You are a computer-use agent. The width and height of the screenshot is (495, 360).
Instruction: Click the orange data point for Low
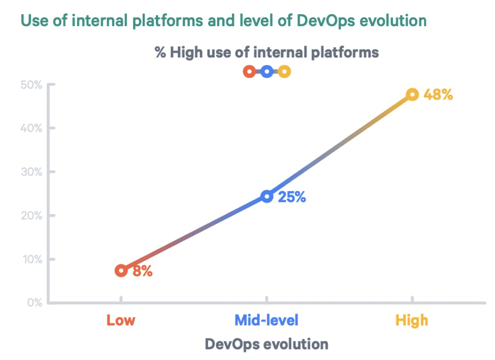(121, 271)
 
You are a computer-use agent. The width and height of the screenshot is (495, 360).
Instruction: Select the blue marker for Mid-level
(267, 197)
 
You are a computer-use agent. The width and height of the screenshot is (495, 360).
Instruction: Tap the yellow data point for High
(412, 95)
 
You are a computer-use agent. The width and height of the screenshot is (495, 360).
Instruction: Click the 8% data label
(143, 271)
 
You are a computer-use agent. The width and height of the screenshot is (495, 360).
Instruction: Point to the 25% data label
(292, 197)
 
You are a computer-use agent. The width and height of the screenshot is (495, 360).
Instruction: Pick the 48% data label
(438, 95)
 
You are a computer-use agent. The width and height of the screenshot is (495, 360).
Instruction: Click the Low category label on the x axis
(121, 321)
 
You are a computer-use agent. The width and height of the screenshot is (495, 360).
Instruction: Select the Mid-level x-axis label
(267, 321)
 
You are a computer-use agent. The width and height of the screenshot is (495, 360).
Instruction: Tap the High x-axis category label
(412, 321)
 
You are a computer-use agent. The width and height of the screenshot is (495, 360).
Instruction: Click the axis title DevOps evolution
(267, 344)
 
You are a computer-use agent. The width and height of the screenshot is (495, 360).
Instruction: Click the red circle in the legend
(249, 71)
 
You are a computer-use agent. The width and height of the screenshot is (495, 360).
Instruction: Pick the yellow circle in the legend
(284, 71)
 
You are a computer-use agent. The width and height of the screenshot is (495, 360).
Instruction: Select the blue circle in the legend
(267, 71)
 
